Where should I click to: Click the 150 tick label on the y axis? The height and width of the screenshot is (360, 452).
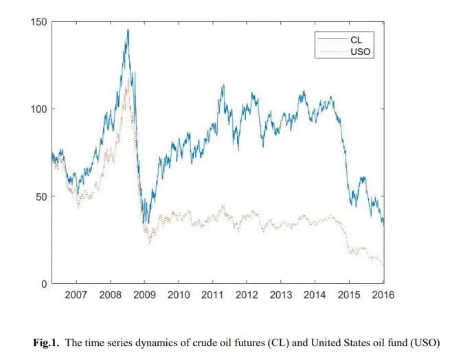tap(39, 22)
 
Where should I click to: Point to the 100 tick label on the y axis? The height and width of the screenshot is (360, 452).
tap(39, 109)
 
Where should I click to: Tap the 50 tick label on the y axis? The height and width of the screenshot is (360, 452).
tap(42, 196)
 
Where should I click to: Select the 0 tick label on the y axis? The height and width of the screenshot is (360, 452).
tap(45, 284)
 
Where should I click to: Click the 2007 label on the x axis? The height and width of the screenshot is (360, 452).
tap(76, 295)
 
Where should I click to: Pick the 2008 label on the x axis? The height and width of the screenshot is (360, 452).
tap(111, 295)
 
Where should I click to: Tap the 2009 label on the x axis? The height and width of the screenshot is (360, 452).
tap(144, 295)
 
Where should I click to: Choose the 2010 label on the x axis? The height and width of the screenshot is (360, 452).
tap(179, 295)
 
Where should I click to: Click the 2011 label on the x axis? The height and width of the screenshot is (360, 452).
tap(213, 295)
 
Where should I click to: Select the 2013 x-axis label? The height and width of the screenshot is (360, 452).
tap(281, 295)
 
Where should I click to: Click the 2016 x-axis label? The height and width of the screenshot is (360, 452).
tap(383, 295)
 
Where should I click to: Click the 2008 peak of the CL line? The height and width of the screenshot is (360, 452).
tap(127, 30)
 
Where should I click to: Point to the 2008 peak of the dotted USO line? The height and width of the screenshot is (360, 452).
tap(128, 77)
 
